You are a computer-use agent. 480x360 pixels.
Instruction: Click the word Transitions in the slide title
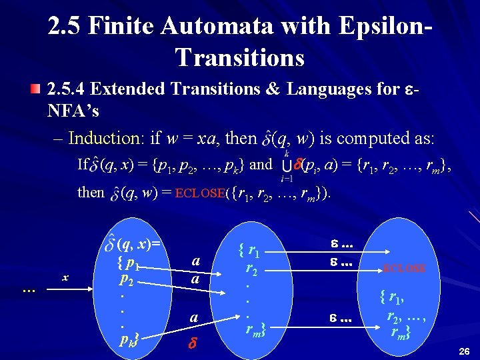click(x=240, y=57)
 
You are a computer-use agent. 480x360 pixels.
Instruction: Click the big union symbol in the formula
click(x=287, y=164)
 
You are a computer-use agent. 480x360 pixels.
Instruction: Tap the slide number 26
click(x=465, y=351)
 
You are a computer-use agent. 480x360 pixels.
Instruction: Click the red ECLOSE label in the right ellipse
click(x=403, y=269)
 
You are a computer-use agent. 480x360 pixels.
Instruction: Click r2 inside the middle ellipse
click(x=251, y=269)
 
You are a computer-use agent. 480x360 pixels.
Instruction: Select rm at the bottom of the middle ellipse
click(x=254, y=328)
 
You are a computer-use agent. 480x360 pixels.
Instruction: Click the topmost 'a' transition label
click(x=195, y=262)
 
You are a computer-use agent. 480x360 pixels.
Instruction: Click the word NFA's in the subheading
click(x=73, y=110)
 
